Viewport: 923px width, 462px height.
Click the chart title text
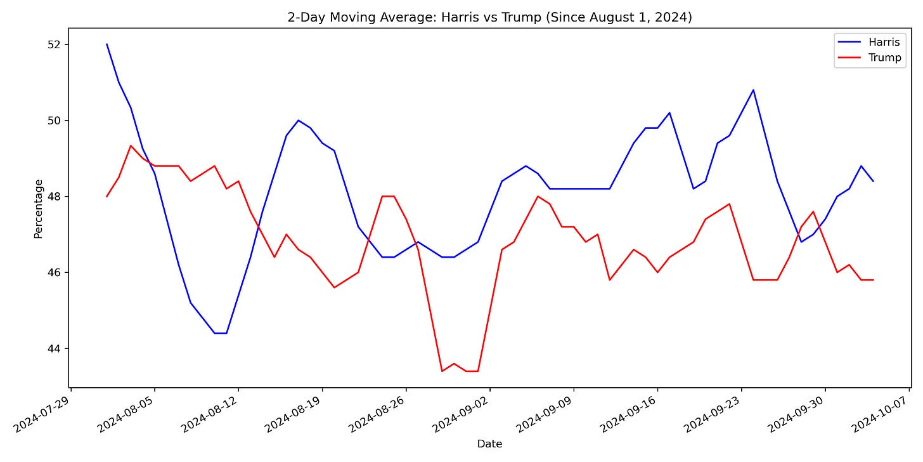pyautogui.click(x=489, y=17)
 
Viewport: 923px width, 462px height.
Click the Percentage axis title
pyautogui.click(x=39, y=209)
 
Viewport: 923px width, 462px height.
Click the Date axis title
pyautogui.click(x=489, y=444)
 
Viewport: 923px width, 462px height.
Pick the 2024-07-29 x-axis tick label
pyautogui.click(x=43, y=413)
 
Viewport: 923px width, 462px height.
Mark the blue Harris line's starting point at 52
pyautogui.click(x=106, y=44)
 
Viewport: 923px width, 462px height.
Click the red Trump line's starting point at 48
pyautogui.click(x=106, y=196)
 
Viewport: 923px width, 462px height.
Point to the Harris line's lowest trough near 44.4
pyautogui.click(x=220, y=333)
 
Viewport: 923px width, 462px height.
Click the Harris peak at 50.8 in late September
pyautogui.click(x=753, y=89)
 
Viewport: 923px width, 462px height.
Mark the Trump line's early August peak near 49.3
pyautogui.click(x=131, y=145)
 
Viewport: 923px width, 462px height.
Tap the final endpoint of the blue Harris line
pyautogui.click(x=873, y=181)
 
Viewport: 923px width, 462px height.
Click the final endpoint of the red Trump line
pyautogui.click(x=873, y=280)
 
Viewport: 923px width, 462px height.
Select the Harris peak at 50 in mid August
pyautogui.click(x=298, y=120)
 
